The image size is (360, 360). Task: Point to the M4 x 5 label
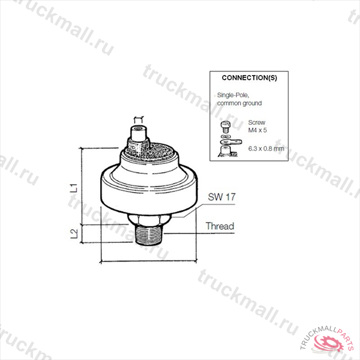257,130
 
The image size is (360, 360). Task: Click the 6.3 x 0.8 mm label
262,146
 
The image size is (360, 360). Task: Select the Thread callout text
220,227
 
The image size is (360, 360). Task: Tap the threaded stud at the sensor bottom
149,235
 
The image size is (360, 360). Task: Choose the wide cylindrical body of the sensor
148,189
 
